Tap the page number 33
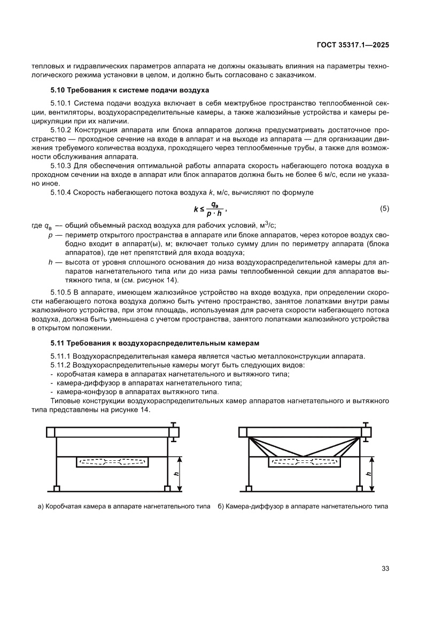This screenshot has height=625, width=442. [385, 568]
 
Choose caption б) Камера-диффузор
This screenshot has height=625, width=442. [303, 506]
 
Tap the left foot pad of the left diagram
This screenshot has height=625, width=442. [56, 489]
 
